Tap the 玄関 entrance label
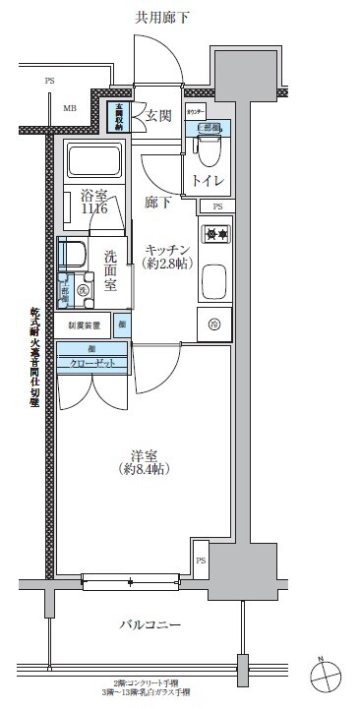tap(159, 115)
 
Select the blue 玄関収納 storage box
tap(118, 115)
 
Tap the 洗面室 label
tap(111, 271)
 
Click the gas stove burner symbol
tap(215, 234)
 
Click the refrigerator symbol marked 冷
tap(214, 323)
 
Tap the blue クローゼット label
tap(91, 362)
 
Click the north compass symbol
tap(328, 676)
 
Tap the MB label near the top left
tap(70, 108)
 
